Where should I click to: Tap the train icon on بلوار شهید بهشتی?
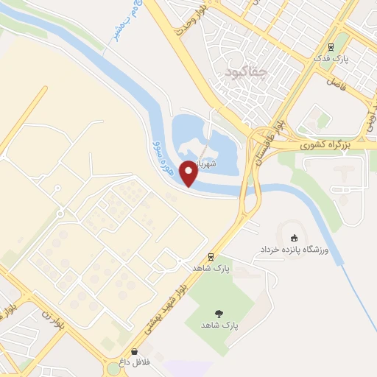coord(211,257)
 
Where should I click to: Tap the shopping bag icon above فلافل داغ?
coord(134,351)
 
